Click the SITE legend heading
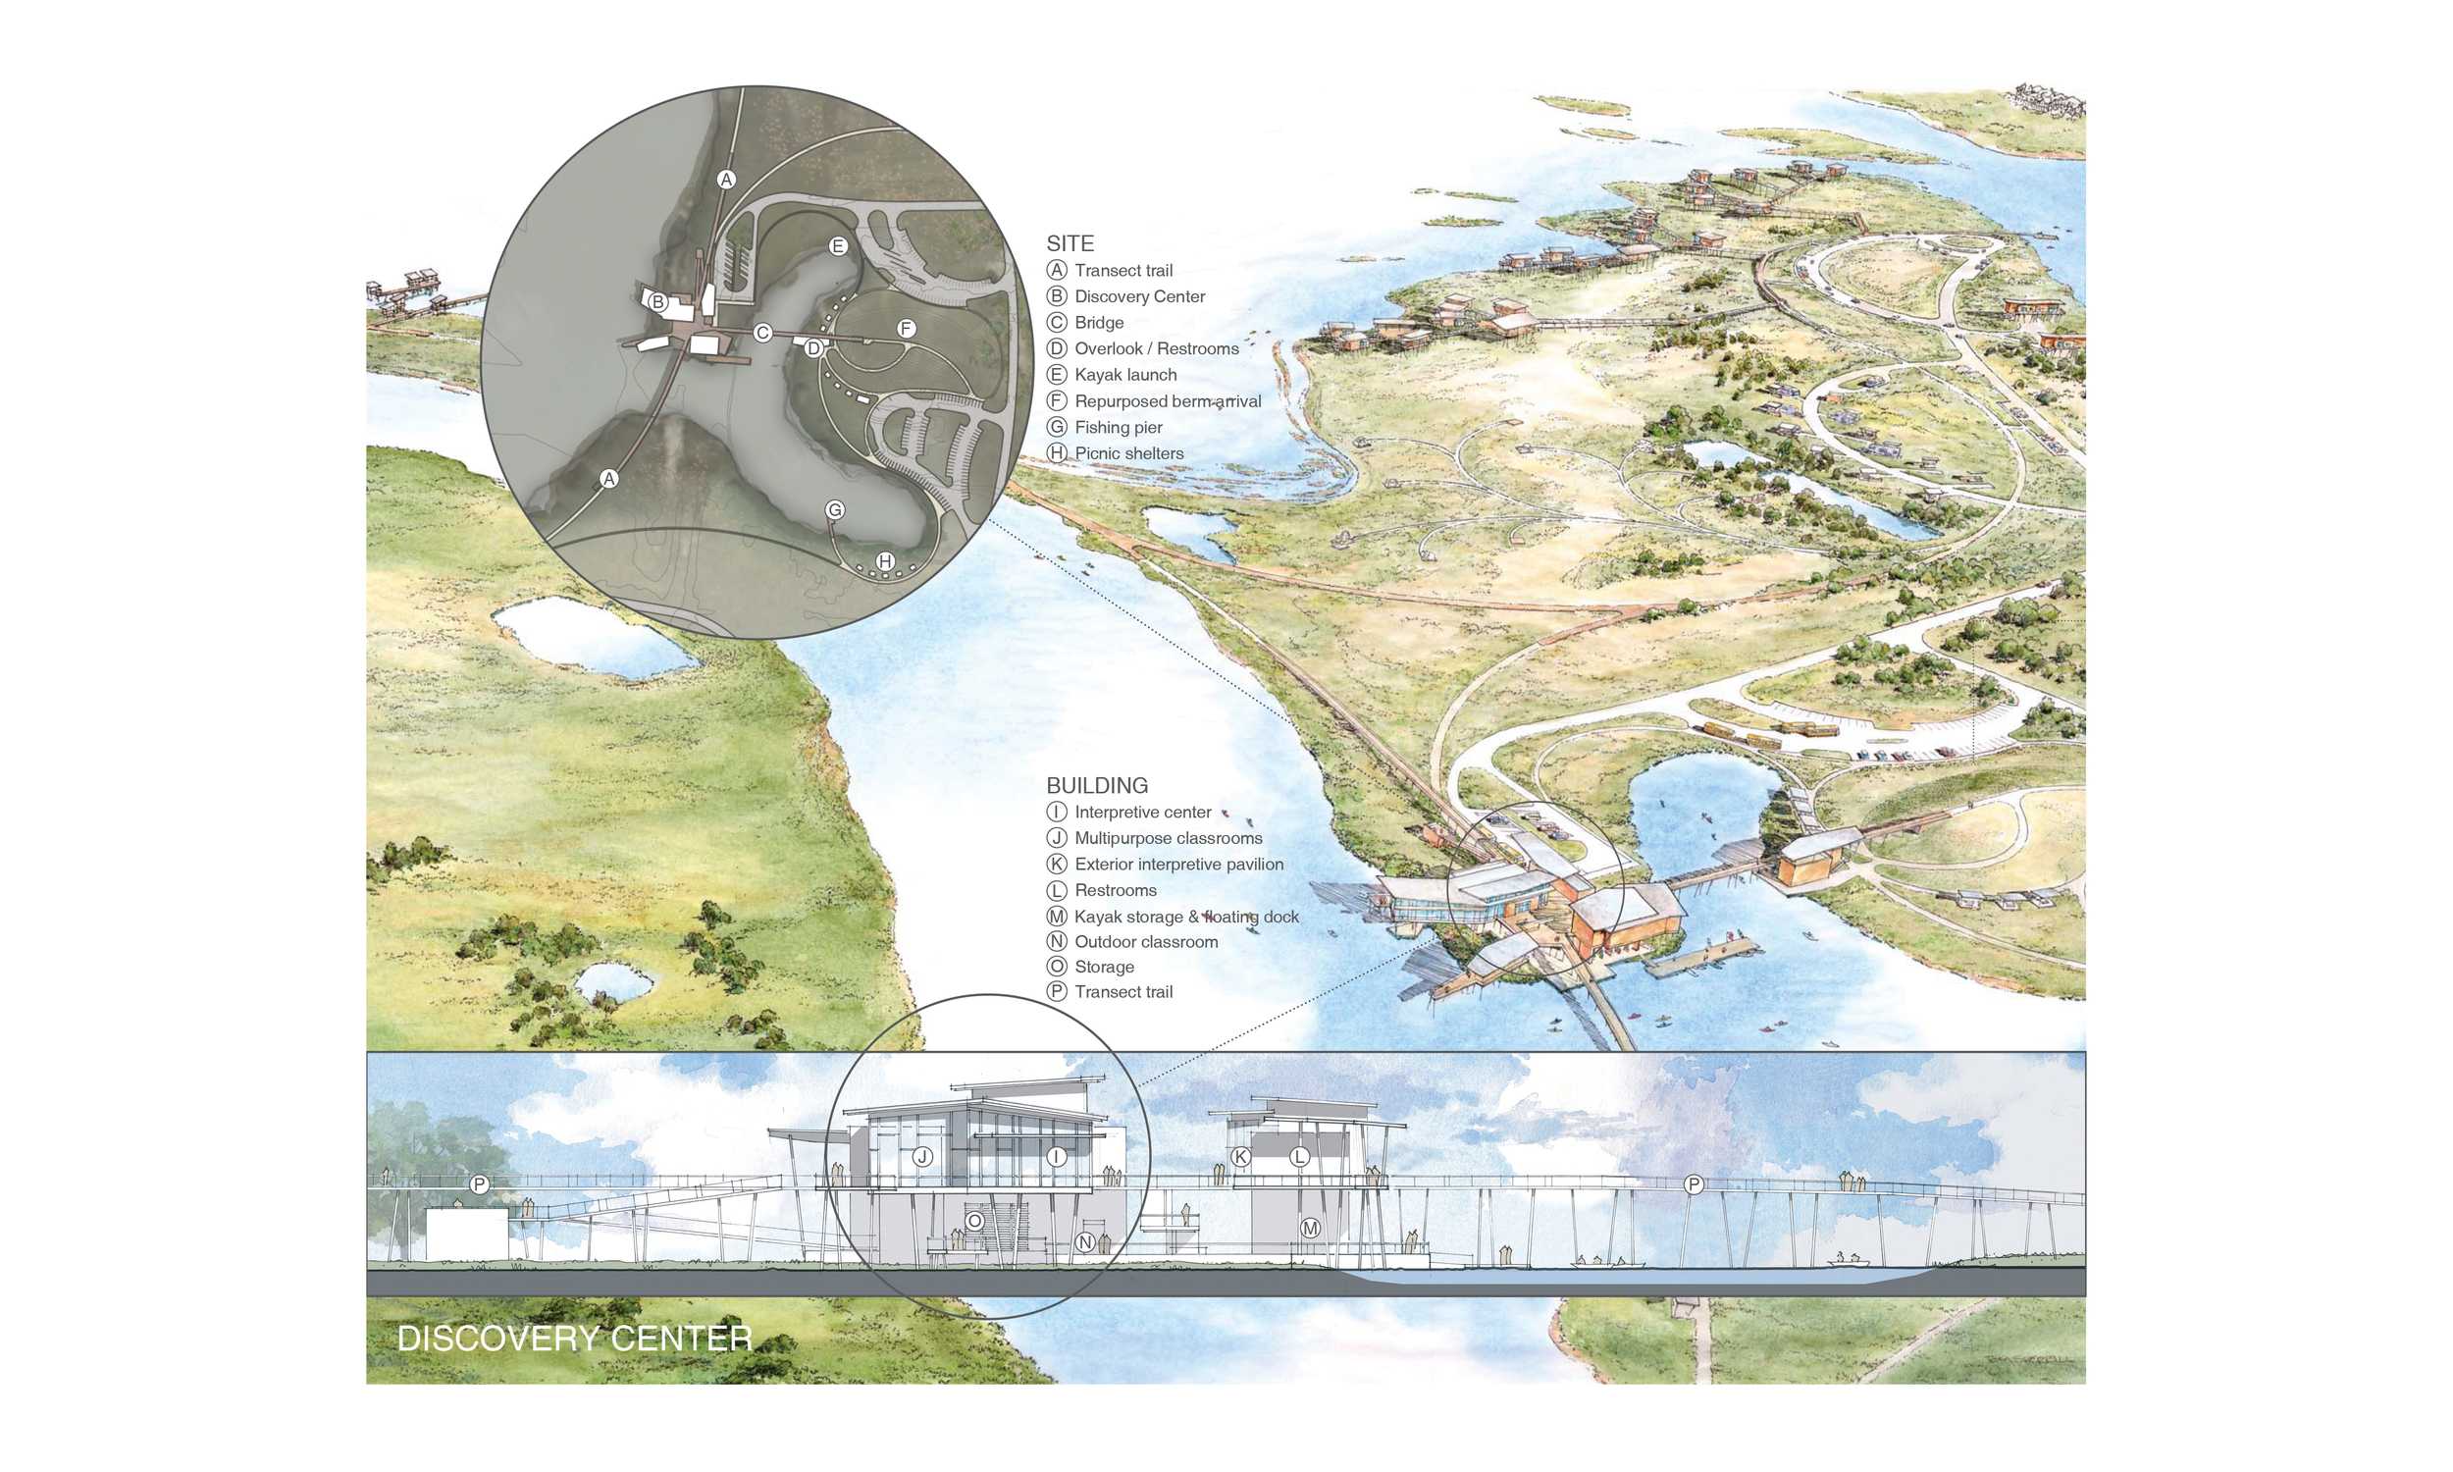[1070, 243]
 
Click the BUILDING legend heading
[1097, 786]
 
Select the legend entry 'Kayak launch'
[1125, 375]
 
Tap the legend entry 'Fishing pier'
[1118, 428]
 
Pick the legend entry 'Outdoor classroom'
[1145, 942]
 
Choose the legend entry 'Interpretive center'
[1142, 813]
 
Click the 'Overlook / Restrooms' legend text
[1156, 349]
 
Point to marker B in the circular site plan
[657, 302]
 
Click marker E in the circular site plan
[838, 246]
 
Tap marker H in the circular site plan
[885, 561]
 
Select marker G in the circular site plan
[835, 510]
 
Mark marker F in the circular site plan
[906, 329]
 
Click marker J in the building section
[922, 1157]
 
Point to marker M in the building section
[1310, 1228]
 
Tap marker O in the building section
[974, 1221]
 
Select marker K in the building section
[1240, 1157]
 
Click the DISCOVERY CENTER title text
[574, 1340]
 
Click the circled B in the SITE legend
[1057, 296]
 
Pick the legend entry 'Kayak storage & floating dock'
[1186, 918]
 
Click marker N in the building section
[1086, 1241]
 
